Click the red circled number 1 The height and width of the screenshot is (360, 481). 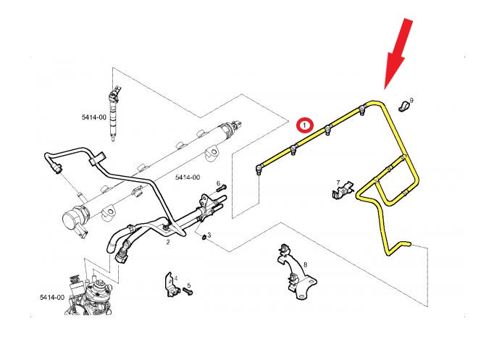(x=306, y=125)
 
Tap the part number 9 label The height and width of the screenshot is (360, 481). (x=411, y=100)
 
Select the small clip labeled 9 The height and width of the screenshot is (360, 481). (x=402, y=107)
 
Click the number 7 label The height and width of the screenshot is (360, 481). (x=338, y=183)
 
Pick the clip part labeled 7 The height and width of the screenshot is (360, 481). (x=340, y=193)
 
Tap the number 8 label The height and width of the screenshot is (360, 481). (x=305, y=264)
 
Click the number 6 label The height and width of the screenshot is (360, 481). (x=217, y=183)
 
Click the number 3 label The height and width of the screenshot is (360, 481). (x=209, y=235)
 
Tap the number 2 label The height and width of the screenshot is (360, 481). (x=167, y=242)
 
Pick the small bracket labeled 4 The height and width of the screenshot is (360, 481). (x=170, y=284)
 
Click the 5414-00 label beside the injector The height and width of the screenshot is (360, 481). (x=93, y=117)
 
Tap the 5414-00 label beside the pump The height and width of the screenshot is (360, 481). (x=52, y=297)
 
